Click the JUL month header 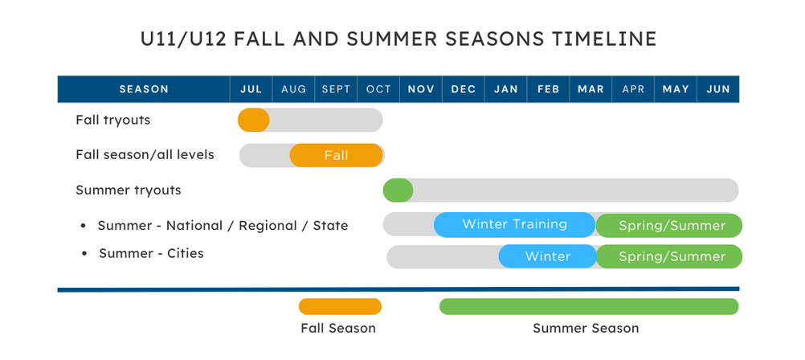point(251,89)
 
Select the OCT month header point(378,89)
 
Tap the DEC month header point(463,89)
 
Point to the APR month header point(633,89)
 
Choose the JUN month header point(718,89)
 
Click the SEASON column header point(144,89)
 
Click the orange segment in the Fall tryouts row point(254,120)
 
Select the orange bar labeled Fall point(337,155)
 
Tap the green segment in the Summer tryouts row point(398,190)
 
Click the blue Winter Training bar point(515,224)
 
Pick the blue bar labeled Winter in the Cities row point(548,256)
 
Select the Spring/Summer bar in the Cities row point(669,256)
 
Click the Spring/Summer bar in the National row point(669,226)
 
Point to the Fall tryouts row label point(113,121)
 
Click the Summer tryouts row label point(129,190)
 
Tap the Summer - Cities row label point(152,253)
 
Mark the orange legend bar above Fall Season point(341,307)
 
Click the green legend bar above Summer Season point(589,307)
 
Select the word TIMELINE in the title point(604,39)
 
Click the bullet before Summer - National point(84,226)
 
